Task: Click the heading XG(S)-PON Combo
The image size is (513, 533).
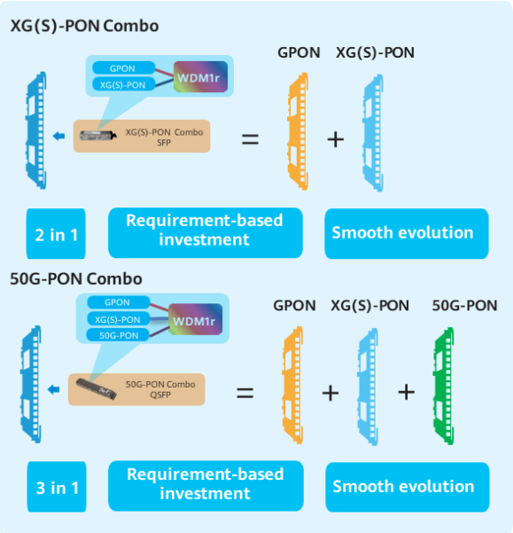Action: pos(84,27)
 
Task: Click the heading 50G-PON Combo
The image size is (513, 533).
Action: pos(76,278)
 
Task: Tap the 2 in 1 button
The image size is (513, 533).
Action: pos(56,233)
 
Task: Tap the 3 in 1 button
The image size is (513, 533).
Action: pos(57,486)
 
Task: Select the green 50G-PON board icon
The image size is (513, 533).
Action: pos(444,386)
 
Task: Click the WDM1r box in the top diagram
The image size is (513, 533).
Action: pos(200,77)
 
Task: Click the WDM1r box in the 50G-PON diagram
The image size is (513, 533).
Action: pos(195,319)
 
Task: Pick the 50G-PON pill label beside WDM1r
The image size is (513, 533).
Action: pos(119,335)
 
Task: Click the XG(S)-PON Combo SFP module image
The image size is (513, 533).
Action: pos(97,136)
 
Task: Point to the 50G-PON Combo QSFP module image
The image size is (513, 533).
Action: pos(96,388)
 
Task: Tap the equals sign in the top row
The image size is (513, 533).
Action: pos(250,139)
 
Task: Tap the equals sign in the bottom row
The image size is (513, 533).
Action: pos(245,393)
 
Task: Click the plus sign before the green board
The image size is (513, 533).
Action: pos(406,393)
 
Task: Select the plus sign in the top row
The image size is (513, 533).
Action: pos(336,140)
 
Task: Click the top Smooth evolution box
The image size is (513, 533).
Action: pos(407,233)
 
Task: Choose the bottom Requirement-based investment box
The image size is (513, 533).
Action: pos(206,486)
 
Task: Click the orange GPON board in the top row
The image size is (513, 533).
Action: pos(298,131)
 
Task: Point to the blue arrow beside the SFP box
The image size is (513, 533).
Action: pos(59,136)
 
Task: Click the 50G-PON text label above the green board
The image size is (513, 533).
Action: pos(464,306)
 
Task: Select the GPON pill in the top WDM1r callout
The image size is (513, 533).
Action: pos(123,68)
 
